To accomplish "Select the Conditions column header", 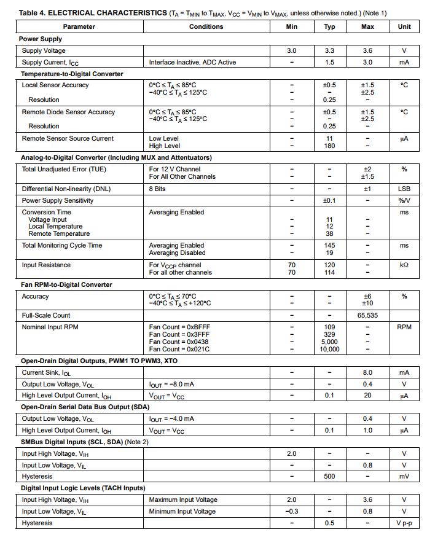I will tap(206, 26).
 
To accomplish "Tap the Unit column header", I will tap(404, 26).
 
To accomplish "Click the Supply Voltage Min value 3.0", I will tap(292, 51).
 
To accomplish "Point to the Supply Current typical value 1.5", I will tap(330, 62).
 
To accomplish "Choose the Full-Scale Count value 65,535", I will tap(367, 315).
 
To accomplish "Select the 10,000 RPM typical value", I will tap(330, 349).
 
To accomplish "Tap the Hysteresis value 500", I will tap(330, 476).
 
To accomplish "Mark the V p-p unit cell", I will tap(404, 523).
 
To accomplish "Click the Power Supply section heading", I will tap(42, 39).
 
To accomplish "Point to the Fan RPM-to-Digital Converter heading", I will tap(67, 284).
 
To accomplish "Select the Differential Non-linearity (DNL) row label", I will tap(66, 189).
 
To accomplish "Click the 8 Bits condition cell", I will tap(157, 189).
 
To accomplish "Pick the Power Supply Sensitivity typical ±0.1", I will tap(330, 200).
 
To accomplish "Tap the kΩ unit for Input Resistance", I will tap(404, 265).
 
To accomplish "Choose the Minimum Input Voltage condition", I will tap(182, 511).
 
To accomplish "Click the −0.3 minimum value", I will tap(292, 511).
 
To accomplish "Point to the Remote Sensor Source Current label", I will tap(68, 138).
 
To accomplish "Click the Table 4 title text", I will tap(92, 12).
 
